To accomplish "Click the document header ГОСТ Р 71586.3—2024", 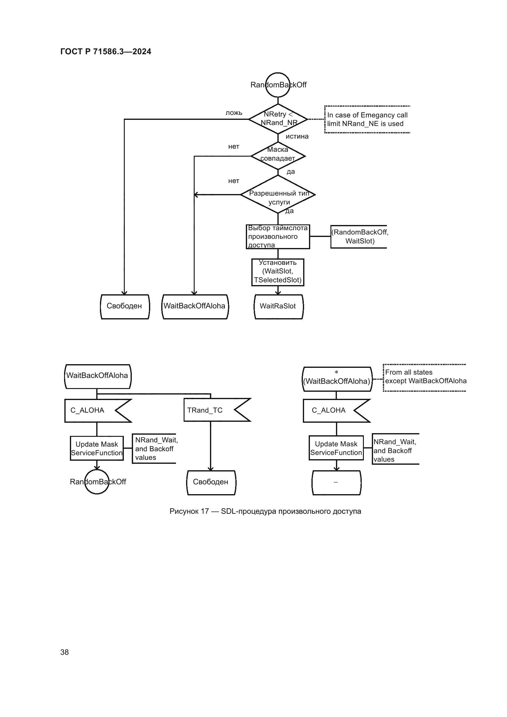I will pyautogui.click(x=105, y=51).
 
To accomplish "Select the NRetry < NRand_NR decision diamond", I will pyautogui.click(x=278, y=119).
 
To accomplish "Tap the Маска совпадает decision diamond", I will pyautogui.click(x=278, y=156).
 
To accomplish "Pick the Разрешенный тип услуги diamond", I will pyautogui.click(x=278, y=195).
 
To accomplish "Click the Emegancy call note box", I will pyautogui.click(x=367, y=119).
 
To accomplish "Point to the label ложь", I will pyautogui.click(x=234, y=113).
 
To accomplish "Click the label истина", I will pyautogui.click(x=297, y=136).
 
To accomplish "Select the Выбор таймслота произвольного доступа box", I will pyautogui.click(x=278, y=237).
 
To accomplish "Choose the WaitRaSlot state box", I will pyautogui.click(x=278, y=306).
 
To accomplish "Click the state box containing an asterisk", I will pyautogui.click(x=337, y=379).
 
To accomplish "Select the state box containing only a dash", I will pyautogui.click(x=336, y=482).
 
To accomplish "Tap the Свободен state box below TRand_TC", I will pyautogui.click(x=211, y=482).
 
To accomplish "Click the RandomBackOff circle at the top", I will pyautogui.click(x=278, y=85).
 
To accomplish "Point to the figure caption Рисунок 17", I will pyautogui.click(x=265, y=511).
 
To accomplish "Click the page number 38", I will pyautogui.click(x=65, y=652).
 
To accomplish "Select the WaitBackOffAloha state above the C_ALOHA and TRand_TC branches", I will pyautogui.click(x=97, y=376).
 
